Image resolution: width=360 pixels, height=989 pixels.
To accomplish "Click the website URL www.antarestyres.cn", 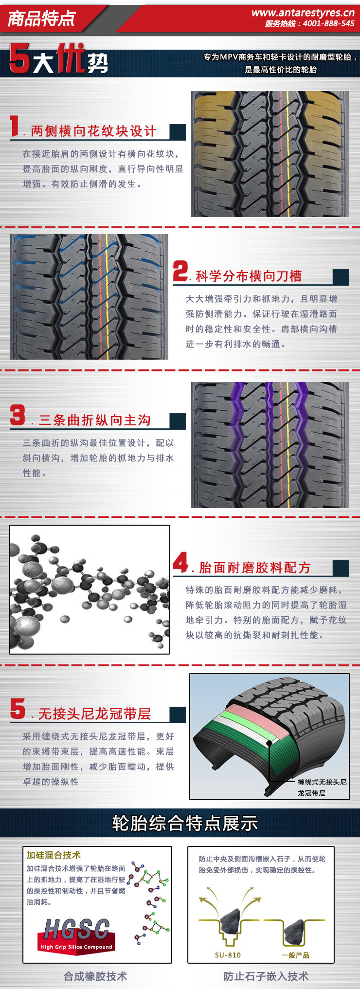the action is click(x=303, y=13).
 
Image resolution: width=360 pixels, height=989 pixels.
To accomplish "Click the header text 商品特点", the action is click(x=42, y=18).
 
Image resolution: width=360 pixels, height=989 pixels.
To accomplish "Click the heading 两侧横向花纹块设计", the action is click(x=93, y=131).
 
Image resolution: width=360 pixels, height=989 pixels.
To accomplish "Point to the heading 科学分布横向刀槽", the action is click(x=249, y=276).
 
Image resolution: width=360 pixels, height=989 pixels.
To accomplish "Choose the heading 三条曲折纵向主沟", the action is click(x=94, y=420).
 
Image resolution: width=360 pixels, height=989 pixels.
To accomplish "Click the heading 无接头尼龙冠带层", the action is click(x=94, y=714).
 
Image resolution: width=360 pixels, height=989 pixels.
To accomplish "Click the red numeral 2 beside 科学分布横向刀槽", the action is click(x=180, y=271).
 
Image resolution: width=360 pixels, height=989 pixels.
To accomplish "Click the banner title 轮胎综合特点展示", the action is click(x=185, y=823).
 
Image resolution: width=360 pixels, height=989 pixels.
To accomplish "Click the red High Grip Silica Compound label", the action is click(x=76, y=947).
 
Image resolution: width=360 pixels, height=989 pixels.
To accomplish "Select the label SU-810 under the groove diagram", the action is click(x=228, y=955).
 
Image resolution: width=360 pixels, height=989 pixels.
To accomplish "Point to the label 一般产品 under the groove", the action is click(x=295, y=955).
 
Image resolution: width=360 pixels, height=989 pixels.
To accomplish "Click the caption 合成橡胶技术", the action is click(x=95, y=976).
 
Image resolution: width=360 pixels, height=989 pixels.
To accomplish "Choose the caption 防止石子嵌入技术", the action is click(x=266, y=976).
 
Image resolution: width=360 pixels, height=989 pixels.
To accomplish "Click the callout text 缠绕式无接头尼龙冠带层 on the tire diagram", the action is click(x=322, y=787).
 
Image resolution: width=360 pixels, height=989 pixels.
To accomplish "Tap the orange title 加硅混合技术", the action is click(x=54, y=855).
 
